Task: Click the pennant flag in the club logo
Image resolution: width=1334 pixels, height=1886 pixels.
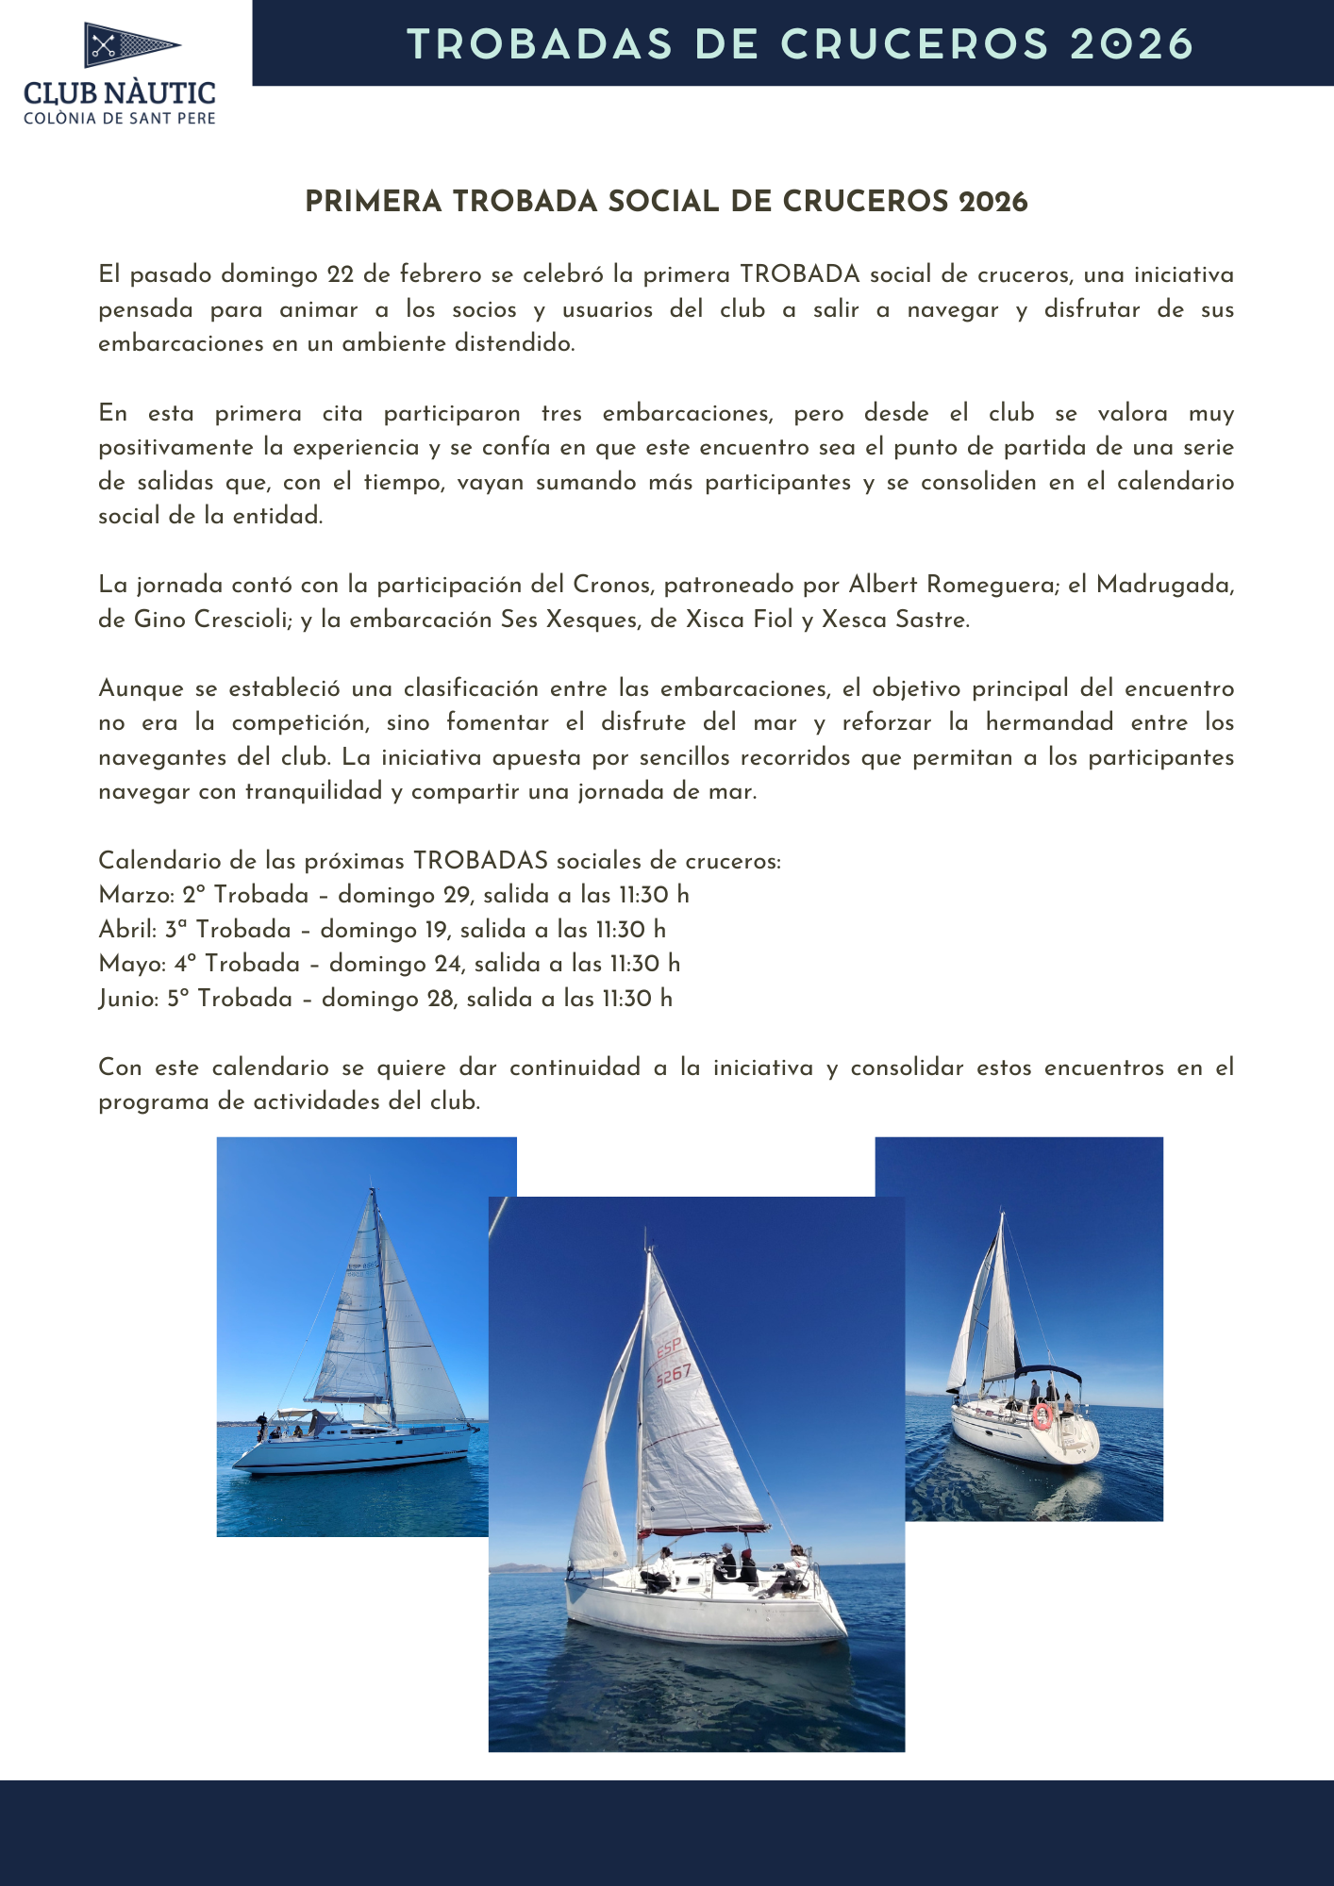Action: (131, 44)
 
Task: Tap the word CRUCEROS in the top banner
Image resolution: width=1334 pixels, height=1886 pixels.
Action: (914, 44)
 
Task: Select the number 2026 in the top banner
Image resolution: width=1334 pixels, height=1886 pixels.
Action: (1132, 44)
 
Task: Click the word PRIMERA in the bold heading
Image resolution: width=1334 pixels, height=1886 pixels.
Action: (374, 202)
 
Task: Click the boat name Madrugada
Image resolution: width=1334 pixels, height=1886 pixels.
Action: (1164, 585)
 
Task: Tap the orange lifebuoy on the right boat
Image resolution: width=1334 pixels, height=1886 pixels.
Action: (1042, 1415)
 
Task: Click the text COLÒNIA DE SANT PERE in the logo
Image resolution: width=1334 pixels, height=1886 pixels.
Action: (120, 119)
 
